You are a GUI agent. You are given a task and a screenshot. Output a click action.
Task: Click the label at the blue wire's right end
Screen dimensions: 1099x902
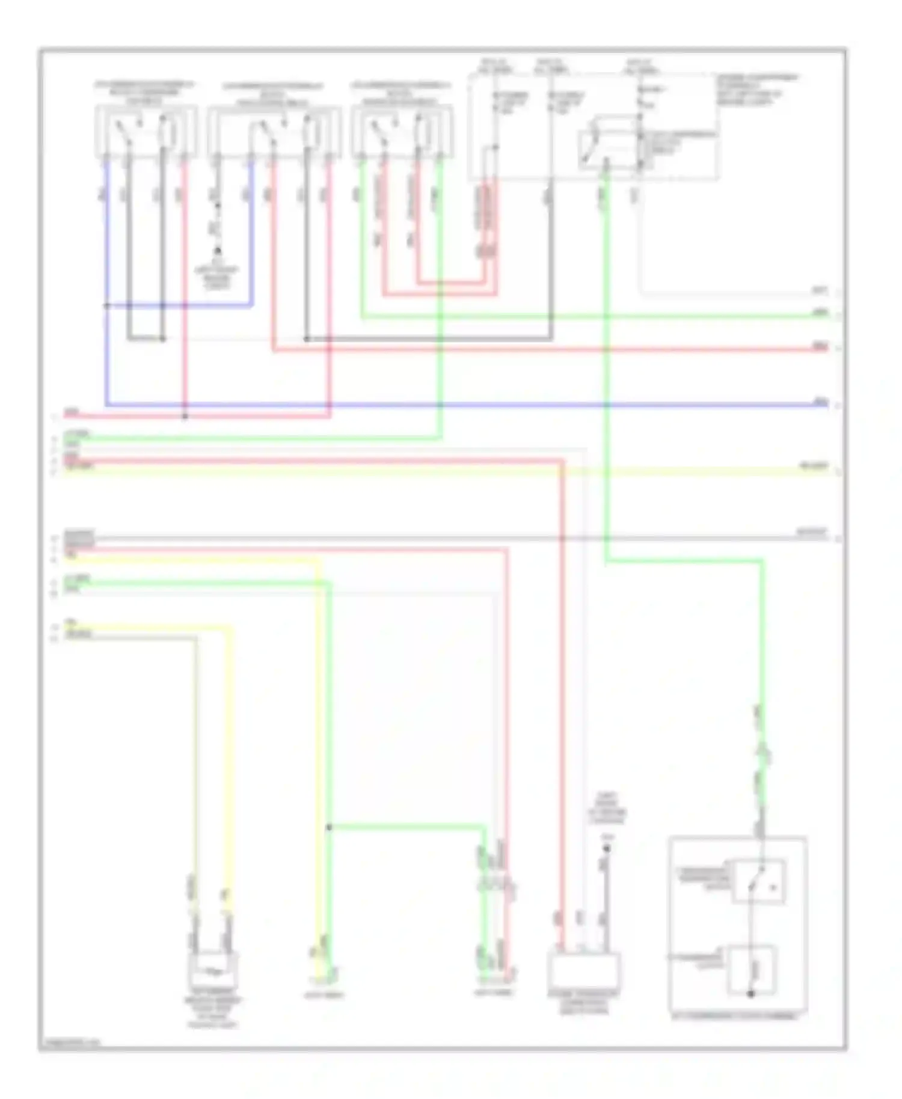point(820,401)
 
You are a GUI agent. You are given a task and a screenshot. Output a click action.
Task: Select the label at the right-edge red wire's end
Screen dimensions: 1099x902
point(820,345)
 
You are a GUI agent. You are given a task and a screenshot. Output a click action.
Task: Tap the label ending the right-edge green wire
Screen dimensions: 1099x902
point(820,312)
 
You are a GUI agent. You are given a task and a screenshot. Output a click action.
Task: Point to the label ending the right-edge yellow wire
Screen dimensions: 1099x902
point(813,466)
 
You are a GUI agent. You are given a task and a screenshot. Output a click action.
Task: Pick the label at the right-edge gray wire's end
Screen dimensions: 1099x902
point(812,532)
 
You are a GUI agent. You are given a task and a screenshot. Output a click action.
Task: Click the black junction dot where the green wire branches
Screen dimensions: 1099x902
point(329,828)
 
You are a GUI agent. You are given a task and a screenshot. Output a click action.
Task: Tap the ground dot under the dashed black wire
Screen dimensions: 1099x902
point(218,250)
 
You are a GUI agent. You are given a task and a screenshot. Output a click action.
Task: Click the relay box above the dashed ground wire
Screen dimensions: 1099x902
point(274,132)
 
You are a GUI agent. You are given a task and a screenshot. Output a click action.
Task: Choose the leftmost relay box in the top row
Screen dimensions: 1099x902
point(146,131)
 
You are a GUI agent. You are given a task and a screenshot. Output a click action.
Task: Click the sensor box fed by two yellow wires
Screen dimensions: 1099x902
point(213,970)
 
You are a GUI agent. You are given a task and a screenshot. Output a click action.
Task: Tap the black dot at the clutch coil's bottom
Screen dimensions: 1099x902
point(750,994)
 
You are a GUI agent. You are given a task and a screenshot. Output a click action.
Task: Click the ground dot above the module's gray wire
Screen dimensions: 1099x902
point(607,849)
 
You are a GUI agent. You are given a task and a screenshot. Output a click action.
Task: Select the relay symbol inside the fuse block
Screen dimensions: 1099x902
point(607,143)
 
